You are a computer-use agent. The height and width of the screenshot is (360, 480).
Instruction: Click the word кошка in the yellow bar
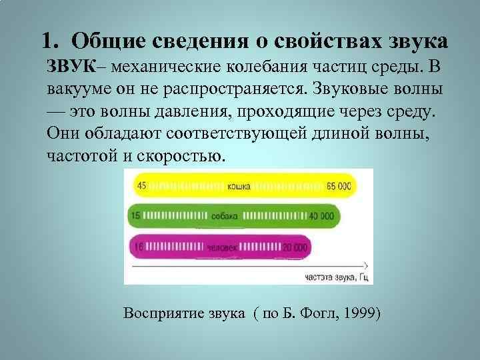point(238,186)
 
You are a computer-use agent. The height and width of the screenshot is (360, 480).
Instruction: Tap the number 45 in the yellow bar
point(141,185)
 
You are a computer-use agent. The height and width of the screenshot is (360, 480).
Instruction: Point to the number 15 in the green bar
point(136,216)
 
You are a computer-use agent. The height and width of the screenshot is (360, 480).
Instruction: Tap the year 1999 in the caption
point(361,313)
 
